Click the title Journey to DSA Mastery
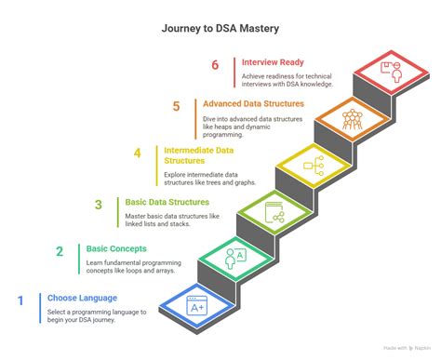click(220, 28)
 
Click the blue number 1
click(20, 300)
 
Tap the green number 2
click(60, 251)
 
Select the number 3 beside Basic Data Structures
click(98, 205)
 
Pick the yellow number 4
click(137, 153)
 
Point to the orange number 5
click(176, 106)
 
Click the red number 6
click(215, 65)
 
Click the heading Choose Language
click(82, 299)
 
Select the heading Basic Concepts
click(117, 249)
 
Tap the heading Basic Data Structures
click(167, 202)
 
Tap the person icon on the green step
click(235, 256)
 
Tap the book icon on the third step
click(274, 212)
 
